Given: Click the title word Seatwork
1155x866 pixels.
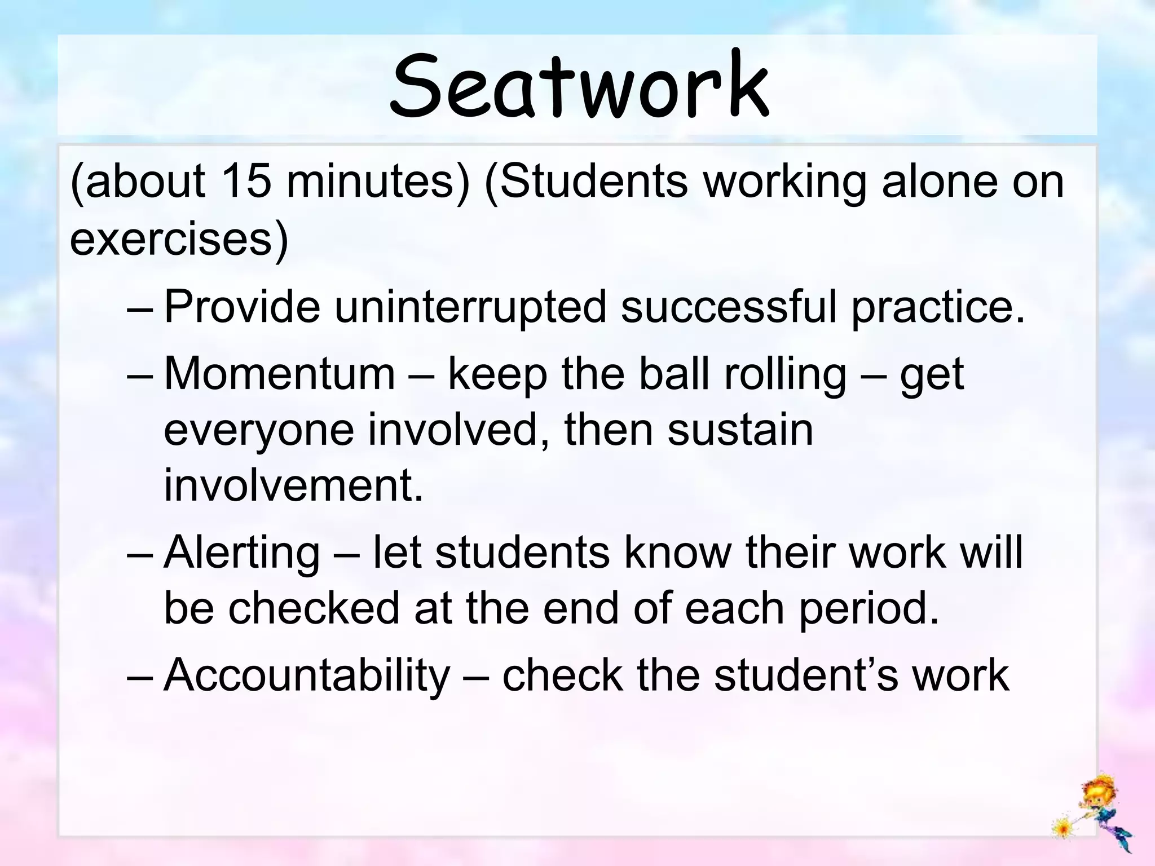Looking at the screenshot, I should (x=579, y=86).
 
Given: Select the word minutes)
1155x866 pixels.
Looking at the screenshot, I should (x=378, y=182).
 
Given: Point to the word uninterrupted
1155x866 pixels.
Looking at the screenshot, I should (x=470, y=307).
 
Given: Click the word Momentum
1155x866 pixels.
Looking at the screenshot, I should (x=280, y=374).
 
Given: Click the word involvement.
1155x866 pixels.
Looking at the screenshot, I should (x=293, y=485).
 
